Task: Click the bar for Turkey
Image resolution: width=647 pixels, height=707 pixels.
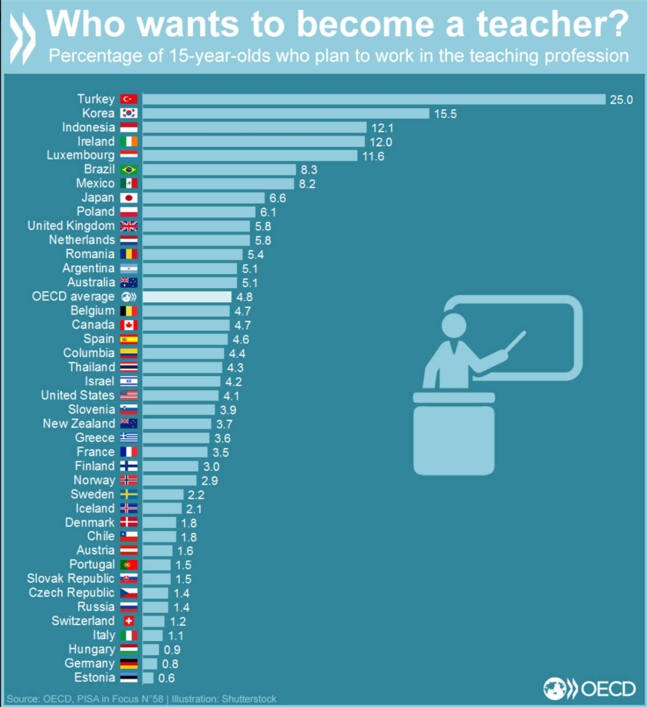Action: [x=373, y=99]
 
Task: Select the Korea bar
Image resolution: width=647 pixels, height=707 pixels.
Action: [x=286, y=113]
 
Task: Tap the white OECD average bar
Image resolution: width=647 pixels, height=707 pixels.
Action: [x=187, y=297]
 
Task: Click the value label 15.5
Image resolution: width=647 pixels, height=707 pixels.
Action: [x=445, y=114]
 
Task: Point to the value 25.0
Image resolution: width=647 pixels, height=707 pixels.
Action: [x=621, y=100]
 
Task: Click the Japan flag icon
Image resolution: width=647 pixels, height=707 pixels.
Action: [x=129, y=198]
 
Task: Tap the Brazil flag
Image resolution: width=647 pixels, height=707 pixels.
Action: [x=129, y=170]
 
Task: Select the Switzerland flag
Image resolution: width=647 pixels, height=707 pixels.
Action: [x=129, y=621]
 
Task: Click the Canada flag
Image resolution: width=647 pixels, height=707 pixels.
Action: [x=129, y=325]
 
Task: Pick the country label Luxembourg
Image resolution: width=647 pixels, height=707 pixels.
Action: [x=81, y=155]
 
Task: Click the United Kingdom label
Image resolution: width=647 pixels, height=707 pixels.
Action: [x=71, y=226]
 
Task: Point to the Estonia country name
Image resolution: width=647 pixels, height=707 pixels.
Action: [x=94, y=678]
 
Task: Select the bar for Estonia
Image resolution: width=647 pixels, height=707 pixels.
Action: [x=148, y=678]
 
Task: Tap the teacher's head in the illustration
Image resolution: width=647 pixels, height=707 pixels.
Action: [x=453, y=325]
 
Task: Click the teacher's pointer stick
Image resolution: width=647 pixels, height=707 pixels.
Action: [x=515, y=341]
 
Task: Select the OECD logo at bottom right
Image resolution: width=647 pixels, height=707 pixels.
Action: [x=589, y=688]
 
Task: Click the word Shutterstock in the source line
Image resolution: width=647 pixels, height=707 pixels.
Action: [x=249, y=699]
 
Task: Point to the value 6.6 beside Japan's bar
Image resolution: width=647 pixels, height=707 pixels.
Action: [x=277, y=198]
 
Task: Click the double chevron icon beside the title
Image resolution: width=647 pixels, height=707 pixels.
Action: [x=23, y=38]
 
